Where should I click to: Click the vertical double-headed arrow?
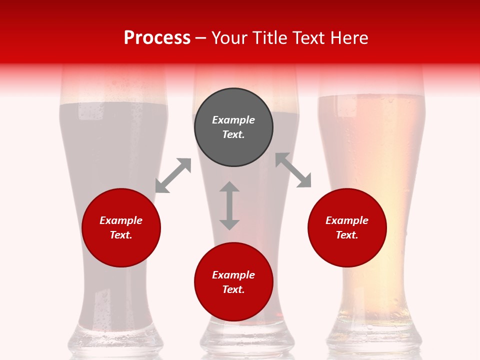pos(229,205)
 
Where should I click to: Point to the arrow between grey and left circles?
pos(173,175)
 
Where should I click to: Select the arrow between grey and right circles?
pos(293,170)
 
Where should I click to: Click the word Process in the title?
pos(157,38)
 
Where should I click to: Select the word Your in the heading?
pos(229,38)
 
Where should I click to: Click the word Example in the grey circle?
pos(233,120)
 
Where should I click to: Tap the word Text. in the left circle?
pos(121,235)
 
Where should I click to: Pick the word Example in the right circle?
pos(347,220)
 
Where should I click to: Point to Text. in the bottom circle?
pos(233,289)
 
